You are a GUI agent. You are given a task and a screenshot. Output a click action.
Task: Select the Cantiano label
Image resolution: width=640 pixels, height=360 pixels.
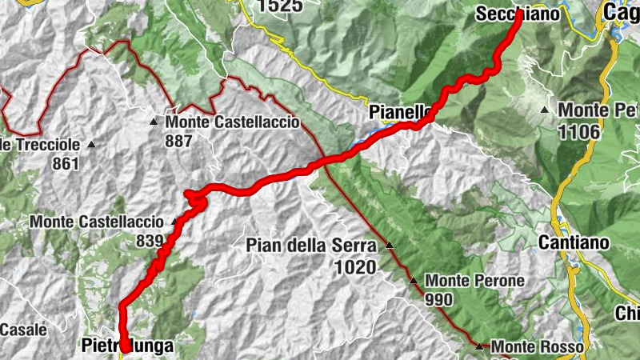point(574,242)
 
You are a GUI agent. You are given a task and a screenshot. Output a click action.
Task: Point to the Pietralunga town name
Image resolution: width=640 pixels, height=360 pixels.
point(127,346)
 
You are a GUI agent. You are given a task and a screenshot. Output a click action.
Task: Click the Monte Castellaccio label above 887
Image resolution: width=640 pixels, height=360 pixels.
point(232,122)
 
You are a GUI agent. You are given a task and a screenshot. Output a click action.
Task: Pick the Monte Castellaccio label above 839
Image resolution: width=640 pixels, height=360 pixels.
point(98,222)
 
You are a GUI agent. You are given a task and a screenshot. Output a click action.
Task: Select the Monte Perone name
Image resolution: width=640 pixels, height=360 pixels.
point(474,281)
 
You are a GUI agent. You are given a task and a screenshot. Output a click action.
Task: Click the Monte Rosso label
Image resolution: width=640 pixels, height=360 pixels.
point(536,347)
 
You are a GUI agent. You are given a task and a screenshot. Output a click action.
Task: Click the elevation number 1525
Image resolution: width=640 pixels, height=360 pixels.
point(280,6)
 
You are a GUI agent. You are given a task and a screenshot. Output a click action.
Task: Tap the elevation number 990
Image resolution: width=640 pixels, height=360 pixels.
point(439,300)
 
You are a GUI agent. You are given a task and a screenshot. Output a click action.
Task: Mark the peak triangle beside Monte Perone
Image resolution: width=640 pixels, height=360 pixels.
point(414,281)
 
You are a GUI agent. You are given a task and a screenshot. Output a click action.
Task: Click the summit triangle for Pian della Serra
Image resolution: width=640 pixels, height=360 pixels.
point(390,245)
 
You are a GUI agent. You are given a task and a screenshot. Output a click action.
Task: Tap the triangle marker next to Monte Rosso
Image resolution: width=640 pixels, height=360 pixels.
point(478,346)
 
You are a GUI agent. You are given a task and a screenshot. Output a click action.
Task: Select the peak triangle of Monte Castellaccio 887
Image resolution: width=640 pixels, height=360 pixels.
point(153,122)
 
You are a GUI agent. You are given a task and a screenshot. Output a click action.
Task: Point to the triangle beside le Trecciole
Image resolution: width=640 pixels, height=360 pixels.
point(90,145)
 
